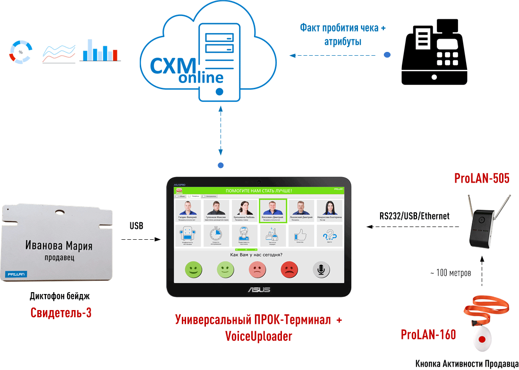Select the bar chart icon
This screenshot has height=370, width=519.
(100, 50)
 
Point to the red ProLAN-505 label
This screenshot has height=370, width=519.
(482, 178)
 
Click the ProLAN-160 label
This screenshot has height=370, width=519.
(428, 335)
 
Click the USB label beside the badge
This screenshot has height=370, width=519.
(136, 226)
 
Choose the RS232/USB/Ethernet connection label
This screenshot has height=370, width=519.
(414, 216)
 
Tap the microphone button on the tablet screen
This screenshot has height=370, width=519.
(321, 269)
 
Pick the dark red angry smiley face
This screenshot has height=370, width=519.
(289, 269)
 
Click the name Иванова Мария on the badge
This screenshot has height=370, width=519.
(59, 246)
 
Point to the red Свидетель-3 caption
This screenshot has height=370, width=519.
(61, 312)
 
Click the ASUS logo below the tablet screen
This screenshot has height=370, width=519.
(258, 289)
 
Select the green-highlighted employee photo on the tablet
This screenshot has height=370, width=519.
(272, 210)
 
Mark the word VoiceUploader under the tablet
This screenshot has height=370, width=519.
(258, 336)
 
